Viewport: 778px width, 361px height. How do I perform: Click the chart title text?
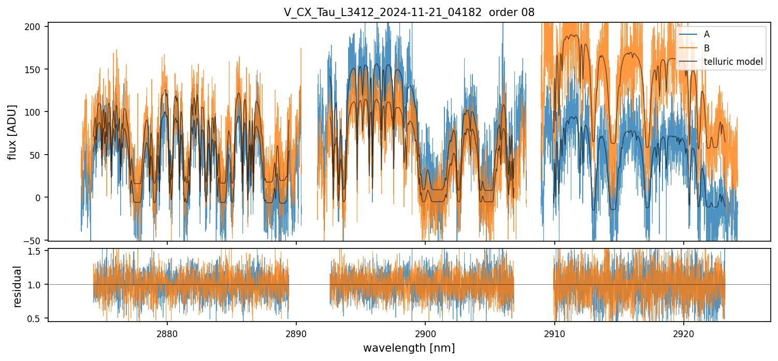tap(409, 12)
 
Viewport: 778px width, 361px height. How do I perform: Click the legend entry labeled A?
tap(707, 35)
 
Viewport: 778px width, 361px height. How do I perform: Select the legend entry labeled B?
tap(707, 48)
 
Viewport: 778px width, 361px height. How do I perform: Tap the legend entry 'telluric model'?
tap(733, 62)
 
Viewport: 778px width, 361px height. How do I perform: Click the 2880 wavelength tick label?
tap(167, 332)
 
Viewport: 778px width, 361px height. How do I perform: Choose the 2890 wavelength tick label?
tap(296, 332)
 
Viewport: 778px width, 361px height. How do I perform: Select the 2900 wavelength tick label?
tap(425, 332)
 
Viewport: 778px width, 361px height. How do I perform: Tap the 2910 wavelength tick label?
tap(554, 332)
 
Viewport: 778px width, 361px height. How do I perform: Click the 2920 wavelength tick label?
tap(683, 332)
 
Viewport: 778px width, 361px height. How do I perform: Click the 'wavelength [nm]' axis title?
tap(409, 348)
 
